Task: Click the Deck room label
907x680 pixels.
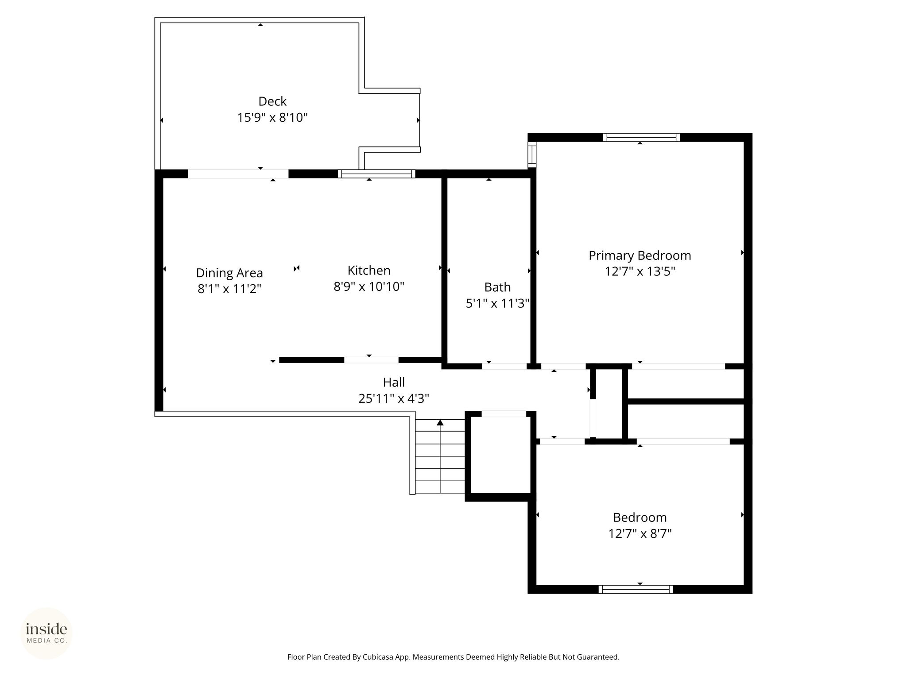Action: (x=272, y=101)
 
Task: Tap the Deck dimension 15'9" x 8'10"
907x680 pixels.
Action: (x=272, y=118)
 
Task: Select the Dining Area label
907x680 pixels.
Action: (x=229, y=273)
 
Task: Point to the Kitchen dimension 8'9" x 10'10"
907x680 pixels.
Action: (x=369, y=287)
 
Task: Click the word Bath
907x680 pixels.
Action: (x=497, y=287)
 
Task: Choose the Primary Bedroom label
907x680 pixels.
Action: (x=640, y=255)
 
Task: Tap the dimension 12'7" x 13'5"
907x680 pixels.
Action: (x=640, y=271)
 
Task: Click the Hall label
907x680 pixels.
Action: (x=394, y=382)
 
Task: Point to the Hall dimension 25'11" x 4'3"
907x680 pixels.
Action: (x=394, y=398)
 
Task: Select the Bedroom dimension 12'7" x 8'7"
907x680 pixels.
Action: (x=640, y=533)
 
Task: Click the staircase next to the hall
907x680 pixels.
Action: (x=440, y=456)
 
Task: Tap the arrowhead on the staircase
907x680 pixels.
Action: (x=440, y=422)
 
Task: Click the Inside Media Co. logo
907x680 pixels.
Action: (x=47, y=633)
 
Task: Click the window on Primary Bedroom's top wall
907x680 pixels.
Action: (x=641, y=138)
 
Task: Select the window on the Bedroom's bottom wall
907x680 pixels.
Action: (x=636, y=589)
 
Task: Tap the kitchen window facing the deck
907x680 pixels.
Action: (x=376, y=174)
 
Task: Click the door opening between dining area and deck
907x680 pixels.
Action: (x=238, y=174)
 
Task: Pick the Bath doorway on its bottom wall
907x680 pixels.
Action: (x=504, y=366)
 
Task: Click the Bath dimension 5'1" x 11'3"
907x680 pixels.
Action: (x=497, y=304)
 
